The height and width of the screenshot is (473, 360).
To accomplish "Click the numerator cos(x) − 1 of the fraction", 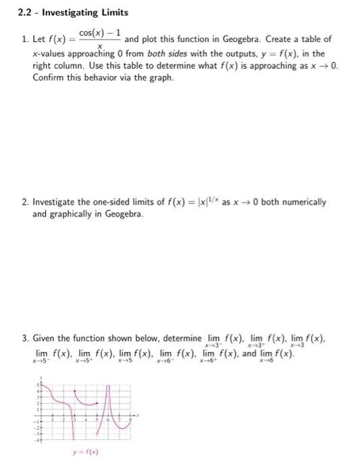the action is click(99, 33).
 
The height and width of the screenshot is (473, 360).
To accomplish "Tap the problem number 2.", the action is click(24, 201).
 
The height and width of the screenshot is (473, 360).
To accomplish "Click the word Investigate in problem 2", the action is click(56, 201).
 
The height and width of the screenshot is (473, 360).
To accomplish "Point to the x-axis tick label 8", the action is click(130, 419).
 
